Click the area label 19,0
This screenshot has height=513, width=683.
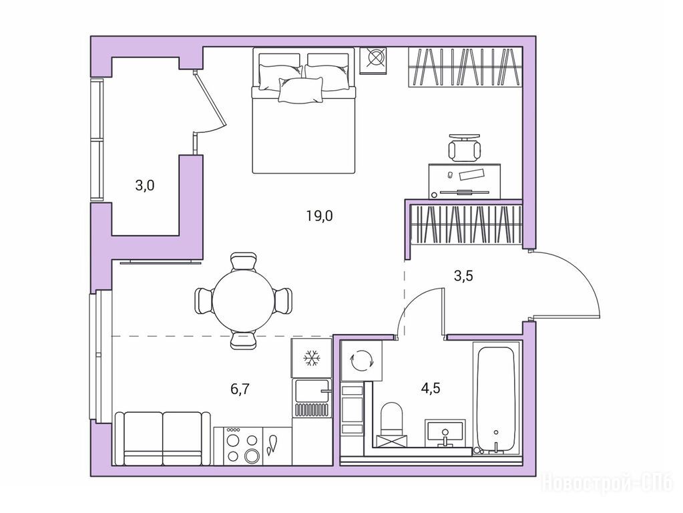click(319, 215)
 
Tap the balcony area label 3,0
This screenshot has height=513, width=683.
click(145, 186)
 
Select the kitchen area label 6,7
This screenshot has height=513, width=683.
click(240, 389)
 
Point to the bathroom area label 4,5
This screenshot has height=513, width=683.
click(431, 387)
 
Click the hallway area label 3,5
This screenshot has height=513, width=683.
click(463, 276)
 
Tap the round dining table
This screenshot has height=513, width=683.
click(244, 301)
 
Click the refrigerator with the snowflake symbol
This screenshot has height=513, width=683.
click(311, 358)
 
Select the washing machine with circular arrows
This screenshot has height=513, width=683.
click(362, 361)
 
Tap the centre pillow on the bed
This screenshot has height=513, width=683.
click(301, 90)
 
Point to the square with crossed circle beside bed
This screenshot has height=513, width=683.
click(374, 60)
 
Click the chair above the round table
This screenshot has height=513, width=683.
click(243, 261)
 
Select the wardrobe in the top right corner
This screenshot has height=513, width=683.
click(465, 67)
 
